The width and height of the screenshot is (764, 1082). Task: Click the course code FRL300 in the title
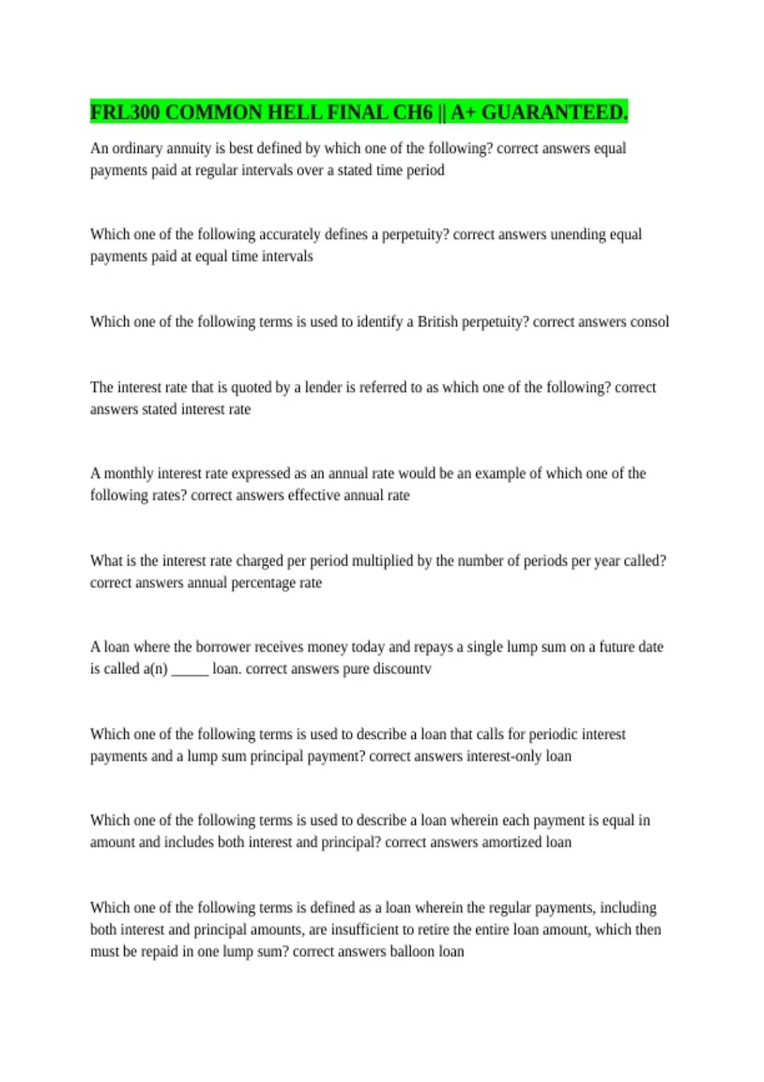(125, 113)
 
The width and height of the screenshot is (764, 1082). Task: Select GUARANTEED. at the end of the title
(555, 113)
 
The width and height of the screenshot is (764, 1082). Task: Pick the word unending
(578, 234)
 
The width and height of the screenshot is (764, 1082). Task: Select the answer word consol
(649, 321)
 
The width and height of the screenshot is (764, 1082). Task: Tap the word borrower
(223, 647)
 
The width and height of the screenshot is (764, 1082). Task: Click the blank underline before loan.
(190, 671)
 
